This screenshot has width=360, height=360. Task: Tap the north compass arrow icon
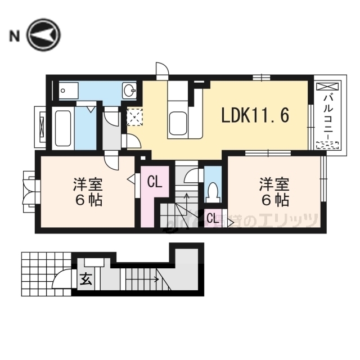coord(42,35)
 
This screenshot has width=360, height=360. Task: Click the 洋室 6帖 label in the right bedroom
coord(274,191)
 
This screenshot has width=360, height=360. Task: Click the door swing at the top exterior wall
coord(161,70)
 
